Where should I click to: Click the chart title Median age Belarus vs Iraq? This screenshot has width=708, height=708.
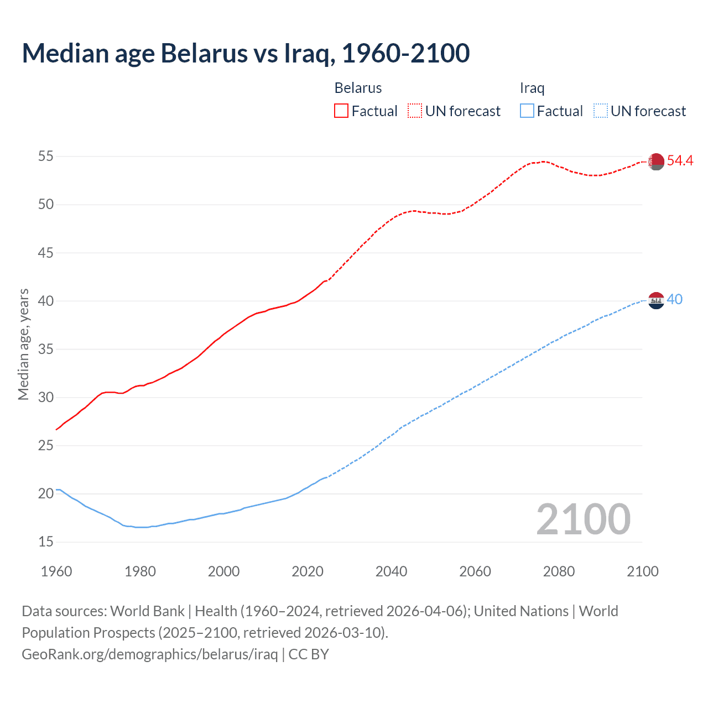[246, 53]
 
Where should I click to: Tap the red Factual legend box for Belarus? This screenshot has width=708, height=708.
[341, 111]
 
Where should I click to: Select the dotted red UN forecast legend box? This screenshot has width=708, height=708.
[415, 111]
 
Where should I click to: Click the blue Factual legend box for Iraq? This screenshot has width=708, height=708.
[527, 111]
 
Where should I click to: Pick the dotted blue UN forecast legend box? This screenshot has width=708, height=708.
[600, 111]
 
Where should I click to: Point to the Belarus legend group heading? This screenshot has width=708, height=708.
[358, 88]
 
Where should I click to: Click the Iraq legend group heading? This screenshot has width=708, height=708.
[532, 88]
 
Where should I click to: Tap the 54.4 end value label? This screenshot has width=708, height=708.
[680, 160]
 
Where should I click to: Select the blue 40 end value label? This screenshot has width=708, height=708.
[674, 299]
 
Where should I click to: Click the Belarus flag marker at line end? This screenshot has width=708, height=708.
[656, 162]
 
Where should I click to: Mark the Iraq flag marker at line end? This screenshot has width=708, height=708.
[656, 300]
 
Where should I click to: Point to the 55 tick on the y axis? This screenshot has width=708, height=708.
[45, 157]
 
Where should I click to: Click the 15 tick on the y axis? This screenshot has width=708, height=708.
[45, 542]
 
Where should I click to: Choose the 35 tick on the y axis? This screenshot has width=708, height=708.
[45, 349]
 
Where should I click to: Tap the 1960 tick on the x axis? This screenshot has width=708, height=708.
[56, 571]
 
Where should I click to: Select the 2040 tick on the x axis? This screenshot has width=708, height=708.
[391, 571]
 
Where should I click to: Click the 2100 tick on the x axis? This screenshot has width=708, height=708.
[642, 571]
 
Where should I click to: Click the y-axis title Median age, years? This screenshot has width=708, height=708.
[23, 344]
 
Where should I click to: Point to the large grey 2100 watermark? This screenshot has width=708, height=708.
[583, 519]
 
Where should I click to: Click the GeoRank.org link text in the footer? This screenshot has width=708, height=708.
[150, 654]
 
